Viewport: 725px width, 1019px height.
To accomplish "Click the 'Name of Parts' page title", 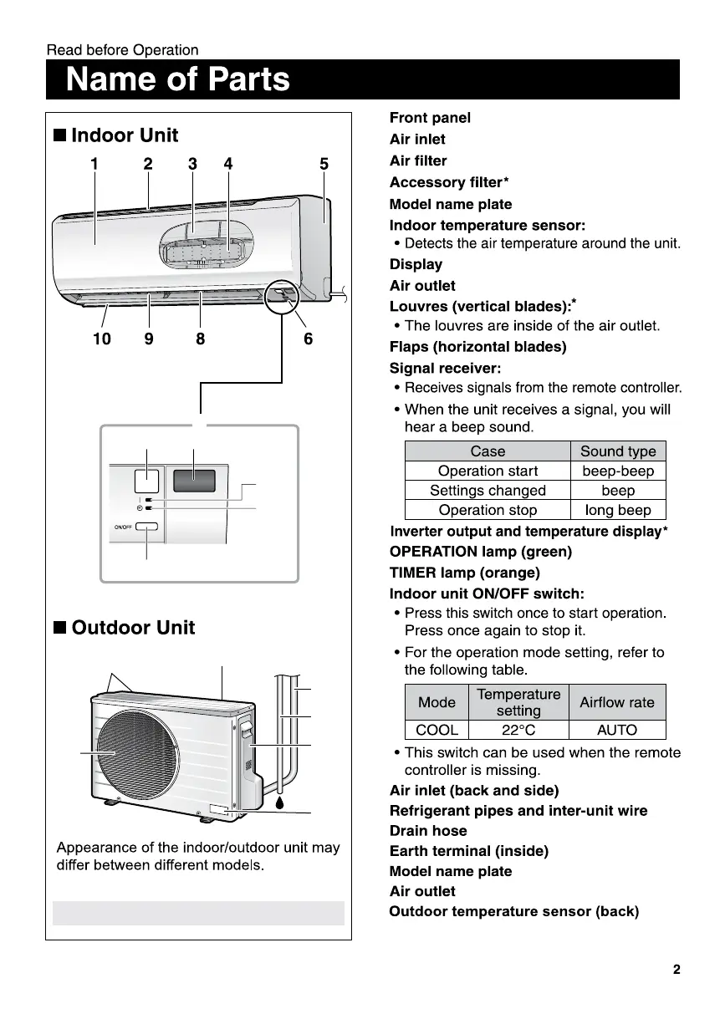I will coord(177,79).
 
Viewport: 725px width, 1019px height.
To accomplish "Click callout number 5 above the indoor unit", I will coord(324,165).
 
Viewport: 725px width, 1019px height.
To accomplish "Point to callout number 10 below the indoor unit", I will coord(101,339).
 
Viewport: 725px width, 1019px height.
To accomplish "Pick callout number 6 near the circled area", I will coord(308,339).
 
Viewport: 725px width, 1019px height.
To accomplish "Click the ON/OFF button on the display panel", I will coord(146,527).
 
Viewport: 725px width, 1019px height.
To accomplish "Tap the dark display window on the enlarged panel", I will coord(194,481).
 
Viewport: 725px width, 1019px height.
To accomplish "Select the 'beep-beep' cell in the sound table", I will coord(618,471).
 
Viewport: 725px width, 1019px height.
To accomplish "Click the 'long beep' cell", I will coord(618,510).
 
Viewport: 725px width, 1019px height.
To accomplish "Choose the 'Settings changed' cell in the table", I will coord(488,491).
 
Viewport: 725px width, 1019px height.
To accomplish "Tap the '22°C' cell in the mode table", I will coord(518,730).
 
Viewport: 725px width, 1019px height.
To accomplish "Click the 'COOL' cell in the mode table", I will coord(437,730).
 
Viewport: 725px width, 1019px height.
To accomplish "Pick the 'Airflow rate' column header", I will coord(617,702).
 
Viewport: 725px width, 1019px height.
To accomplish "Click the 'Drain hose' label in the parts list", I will coord(428,831).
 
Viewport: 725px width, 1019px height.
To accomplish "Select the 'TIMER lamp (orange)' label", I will coord(464,573).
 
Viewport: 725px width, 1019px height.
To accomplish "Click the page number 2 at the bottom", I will coord(676,970).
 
